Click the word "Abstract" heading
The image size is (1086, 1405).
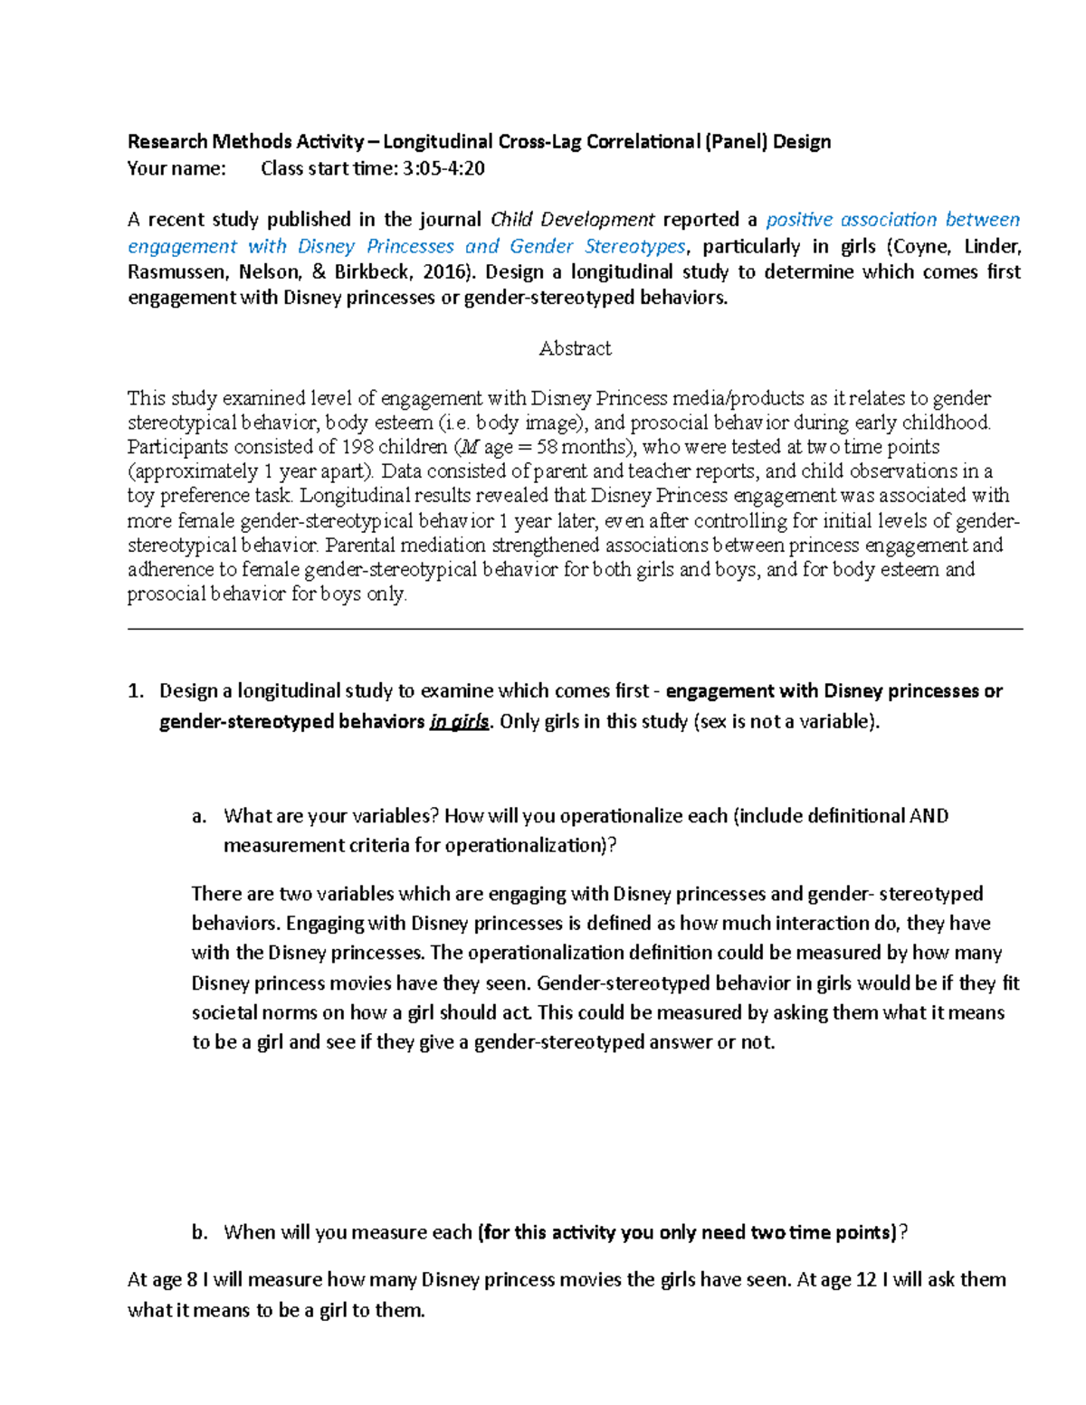pyautogui.click(x=575, y=348)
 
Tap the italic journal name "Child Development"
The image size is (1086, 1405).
pyautogui.click(x=572, y=220)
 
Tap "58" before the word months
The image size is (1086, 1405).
pyautogui.click(x=547, y=447)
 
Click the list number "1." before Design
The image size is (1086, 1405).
pyautogui.click(x=136, y=691)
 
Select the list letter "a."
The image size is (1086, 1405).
pyautogui.click(x=200, y=816)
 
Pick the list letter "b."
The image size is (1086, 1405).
pyautogui.click(x=200, y=1232)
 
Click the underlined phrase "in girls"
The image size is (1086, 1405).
pyautogui.click(x=459, y=722)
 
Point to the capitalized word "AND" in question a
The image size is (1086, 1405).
pyautogui.click(x=929, y=816)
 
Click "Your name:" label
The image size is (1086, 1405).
pyautogui.click(x=176, y=168)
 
